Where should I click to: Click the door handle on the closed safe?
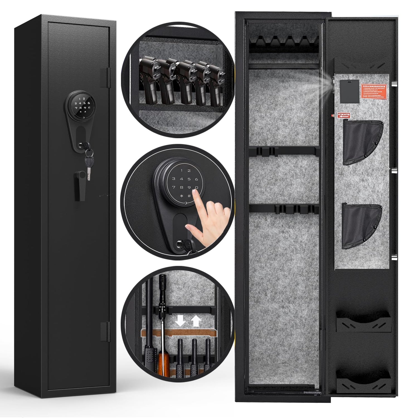(80, 185)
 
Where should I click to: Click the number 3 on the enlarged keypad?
(174, 179)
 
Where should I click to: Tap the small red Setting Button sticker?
(344, 115)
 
